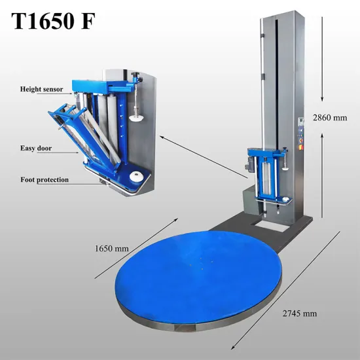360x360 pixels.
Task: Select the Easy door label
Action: [x=35, y=149]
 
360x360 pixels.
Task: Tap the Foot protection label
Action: [x=44, y=179]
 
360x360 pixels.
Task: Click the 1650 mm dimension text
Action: [x=111, y=249]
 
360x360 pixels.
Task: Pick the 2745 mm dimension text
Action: [x=300, y=314]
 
